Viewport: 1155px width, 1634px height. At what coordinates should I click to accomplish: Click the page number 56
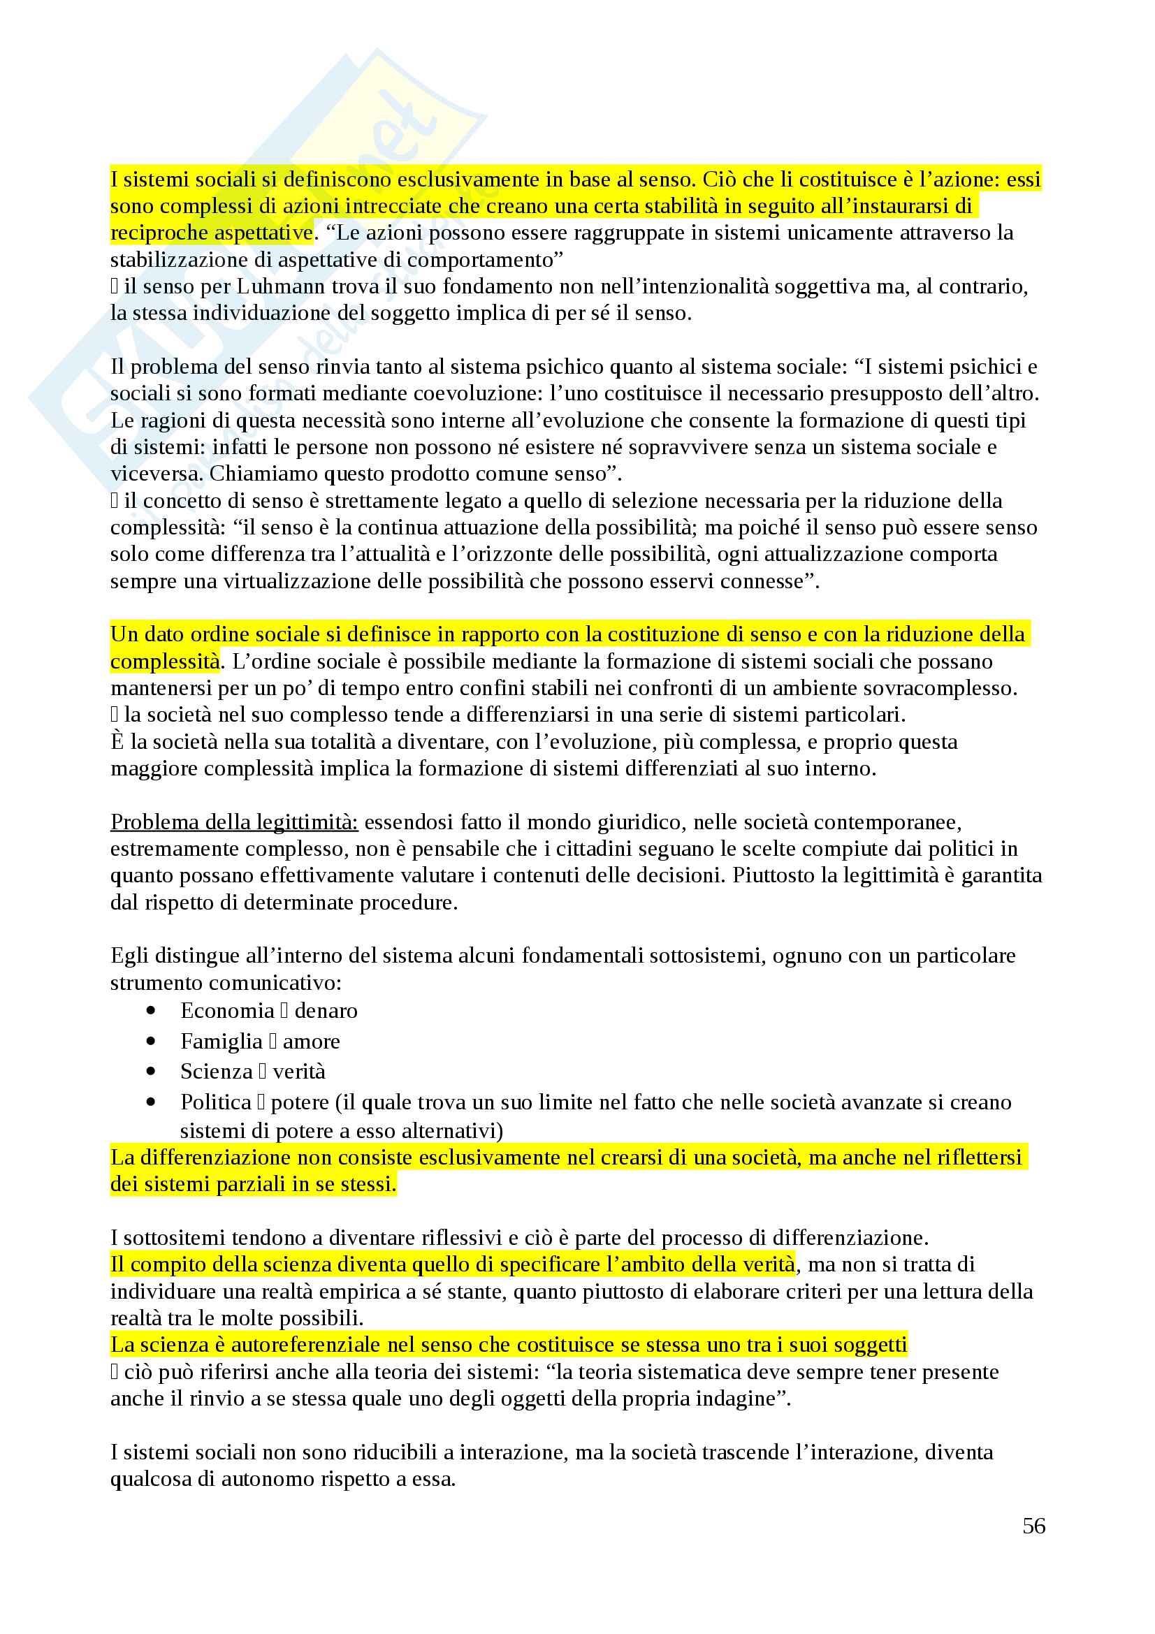pos(1033,1525)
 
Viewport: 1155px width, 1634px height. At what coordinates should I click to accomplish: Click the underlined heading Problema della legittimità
pos(234,822)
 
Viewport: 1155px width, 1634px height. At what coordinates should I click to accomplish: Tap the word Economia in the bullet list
pos(227,1011)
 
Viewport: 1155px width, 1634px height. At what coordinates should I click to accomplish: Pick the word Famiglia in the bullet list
pos(221,1041)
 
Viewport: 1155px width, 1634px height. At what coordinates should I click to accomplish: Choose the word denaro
pos(326,1011)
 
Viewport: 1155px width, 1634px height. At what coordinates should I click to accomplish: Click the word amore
pos(311,1041)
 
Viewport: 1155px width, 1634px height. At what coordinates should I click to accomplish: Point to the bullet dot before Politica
pos(151,1102)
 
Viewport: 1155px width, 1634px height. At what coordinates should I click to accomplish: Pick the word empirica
pos(361,1291)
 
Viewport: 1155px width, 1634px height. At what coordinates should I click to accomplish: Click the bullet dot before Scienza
pos(151,1071)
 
